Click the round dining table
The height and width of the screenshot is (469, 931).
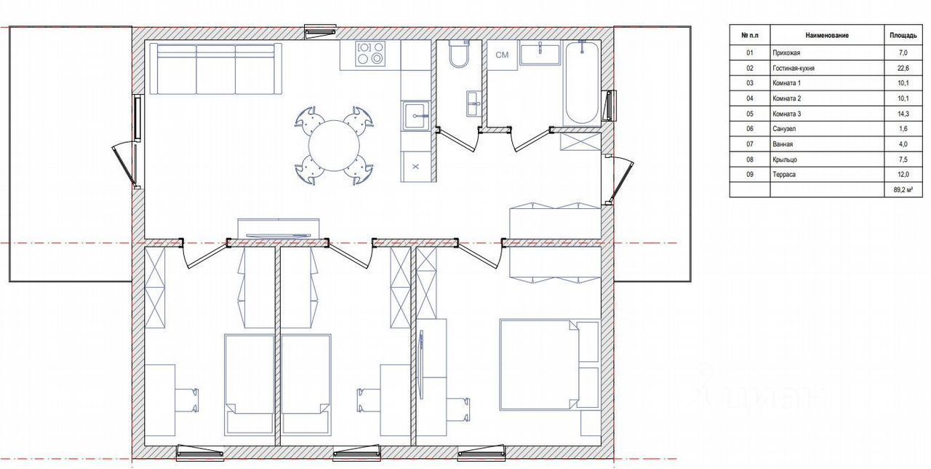point(334,146)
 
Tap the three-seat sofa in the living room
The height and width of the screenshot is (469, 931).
point(215,69)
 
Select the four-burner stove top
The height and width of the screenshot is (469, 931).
point(370,53)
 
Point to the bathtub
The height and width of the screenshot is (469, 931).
point(582,82)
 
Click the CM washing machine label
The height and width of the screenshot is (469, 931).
point(502,55)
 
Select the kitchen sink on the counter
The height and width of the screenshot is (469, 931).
point(415,117)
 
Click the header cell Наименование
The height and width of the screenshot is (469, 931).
point(827,36)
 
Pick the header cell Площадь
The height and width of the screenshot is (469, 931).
point(903,36)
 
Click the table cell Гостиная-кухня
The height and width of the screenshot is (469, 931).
point(793,68)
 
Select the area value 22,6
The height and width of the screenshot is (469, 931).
point(903,68)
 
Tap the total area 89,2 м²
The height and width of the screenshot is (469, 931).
point(903,190)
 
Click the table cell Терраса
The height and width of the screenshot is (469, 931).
point(784,174)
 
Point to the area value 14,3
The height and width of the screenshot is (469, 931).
point(903,114)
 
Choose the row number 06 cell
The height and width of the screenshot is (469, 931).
point(749,129)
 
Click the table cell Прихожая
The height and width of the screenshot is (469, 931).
point(786,53)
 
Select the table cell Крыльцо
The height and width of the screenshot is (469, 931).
point(785,159)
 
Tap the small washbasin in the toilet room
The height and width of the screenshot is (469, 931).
point(474,103)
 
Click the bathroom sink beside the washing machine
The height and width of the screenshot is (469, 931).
point(540,54)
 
